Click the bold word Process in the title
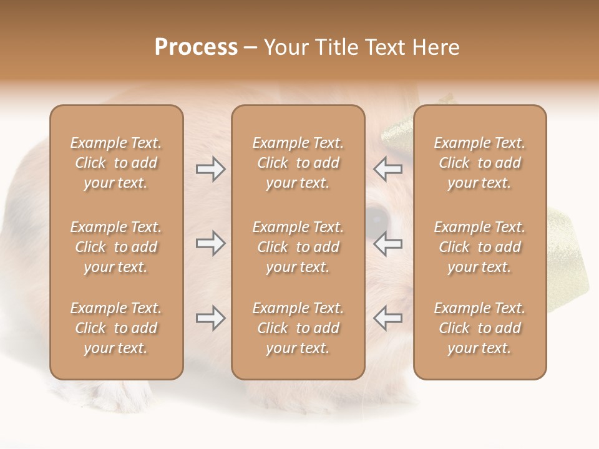196,47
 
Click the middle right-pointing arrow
210,244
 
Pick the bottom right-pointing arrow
210,318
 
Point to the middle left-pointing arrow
388,244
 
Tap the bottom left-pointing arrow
388,318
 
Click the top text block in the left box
116,163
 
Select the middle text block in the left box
116,247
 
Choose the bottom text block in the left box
116,328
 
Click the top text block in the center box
298,163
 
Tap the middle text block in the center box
298,247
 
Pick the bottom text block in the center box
298,328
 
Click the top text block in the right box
480,163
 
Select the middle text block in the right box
480,247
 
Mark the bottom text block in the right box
480,328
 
